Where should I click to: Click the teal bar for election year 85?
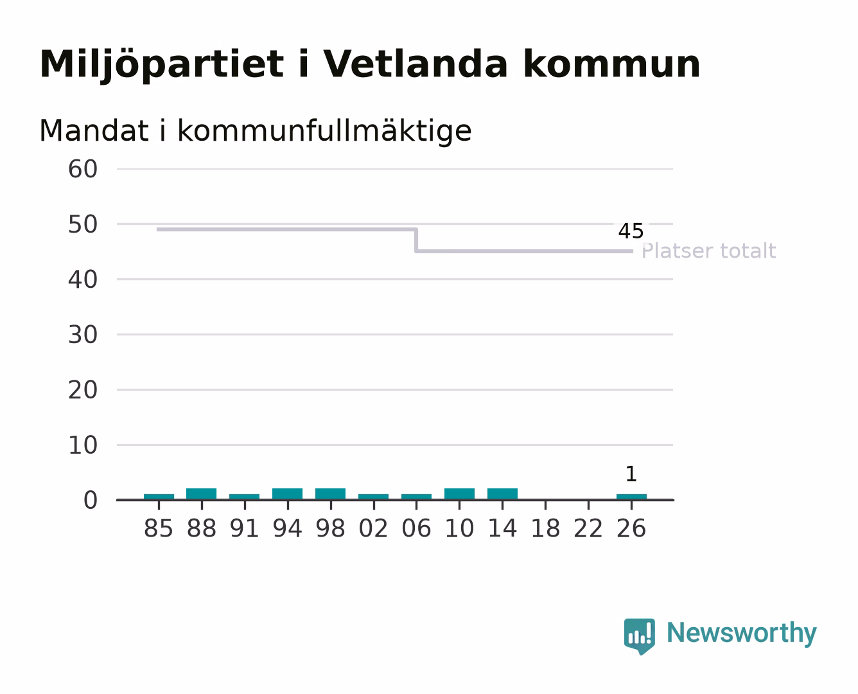pyautogui.click(x=159, y=497)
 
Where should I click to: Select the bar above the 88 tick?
pyautogui.click(x=202, y=494)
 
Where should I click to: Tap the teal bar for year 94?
pyautogui.click(x=287, y=494)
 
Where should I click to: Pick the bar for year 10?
pyautogui.click(x=459, y=494)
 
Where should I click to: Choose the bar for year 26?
pyautogui.click(x=631, y=497)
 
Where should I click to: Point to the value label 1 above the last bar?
pyautogui.click(x=631, y=474)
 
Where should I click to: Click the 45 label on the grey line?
pyautogui.click(x=631, y=231)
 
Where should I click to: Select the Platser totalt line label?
pyautogui.click(x=708, y=251)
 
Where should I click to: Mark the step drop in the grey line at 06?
pyautogui.click(x=416, y=240)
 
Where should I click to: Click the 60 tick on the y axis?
pyautogui.click(x=83, y=169)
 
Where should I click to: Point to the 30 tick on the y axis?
pyautogui.click(x=83, y=335)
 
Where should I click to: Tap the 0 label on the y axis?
pyautogui.click(x=91, y=501)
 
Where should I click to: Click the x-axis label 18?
pyautogui.click(x=545, y=528)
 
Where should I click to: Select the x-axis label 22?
pyautogui.click(x=588, y=528)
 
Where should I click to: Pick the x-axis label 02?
pyautogui.click(x=373, y=528)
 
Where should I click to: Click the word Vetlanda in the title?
pyautogui.click(x=416, y=64)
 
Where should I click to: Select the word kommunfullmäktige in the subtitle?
pyautogui.click(x=324, y=131)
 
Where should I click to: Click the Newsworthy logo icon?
pyautogui.click(x=639, y=636)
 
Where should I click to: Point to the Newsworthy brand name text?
pyautogui.click(x=742, y=634)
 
